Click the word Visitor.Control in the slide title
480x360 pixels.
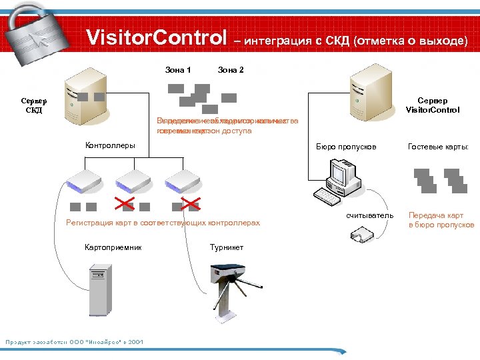point(157,37)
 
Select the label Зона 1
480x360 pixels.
point(178,70)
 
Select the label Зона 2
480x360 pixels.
point(231,70)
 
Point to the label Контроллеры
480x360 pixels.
point(110,145)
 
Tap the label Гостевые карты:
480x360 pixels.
point(439,146)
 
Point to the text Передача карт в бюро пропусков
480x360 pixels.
point(440,220)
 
